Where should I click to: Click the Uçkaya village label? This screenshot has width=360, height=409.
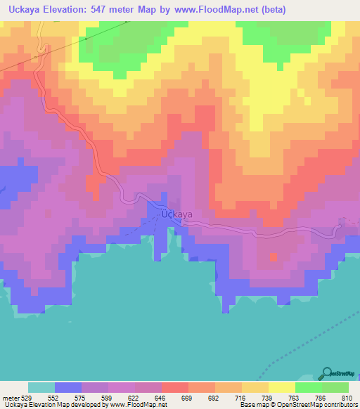click(176, 214)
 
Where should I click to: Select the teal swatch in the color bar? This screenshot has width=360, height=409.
click(41, 388)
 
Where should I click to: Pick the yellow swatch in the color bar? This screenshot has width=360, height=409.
click(281, 388)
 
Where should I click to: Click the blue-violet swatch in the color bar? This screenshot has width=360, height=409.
click(68, 388)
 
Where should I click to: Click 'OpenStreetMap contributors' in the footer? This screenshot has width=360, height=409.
click(314, 405)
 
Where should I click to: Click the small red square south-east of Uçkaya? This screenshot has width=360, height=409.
click(274, 257)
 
